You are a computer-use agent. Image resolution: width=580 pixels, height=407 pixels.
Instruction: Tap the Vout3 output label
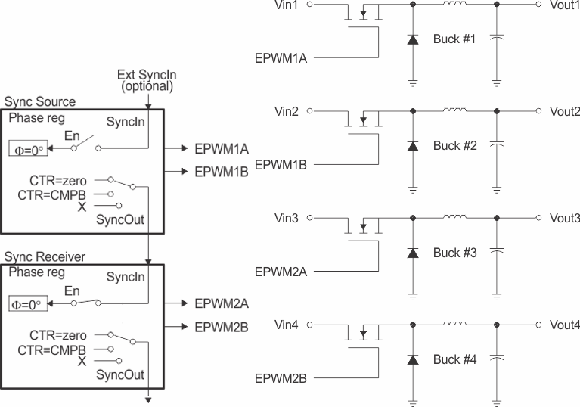point(565,219)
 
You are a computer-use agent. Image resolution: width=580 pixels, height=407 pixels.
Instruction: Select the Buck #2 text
point(454,145)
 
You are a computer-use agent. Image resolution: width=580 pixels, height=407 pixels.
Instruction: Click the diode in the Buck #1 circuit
point(412,39)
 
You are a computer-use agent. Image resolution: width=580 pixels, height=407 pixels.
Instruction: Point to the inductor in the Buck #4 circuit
point(454,324)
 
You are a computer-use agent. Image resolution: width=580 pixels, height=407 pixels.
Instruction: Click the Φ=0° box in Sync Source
point(28,148)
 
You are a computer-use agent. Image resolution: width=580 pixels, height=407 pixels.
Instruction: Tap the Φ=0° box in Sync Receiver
point(28,304)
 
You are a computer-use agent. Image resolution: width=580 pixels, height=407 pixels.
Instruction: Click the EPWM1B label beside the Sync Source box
point(222,172)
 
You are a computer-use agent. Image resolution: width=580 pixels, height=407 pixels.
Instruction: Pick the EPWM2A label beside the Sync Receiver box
point(222,303)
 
